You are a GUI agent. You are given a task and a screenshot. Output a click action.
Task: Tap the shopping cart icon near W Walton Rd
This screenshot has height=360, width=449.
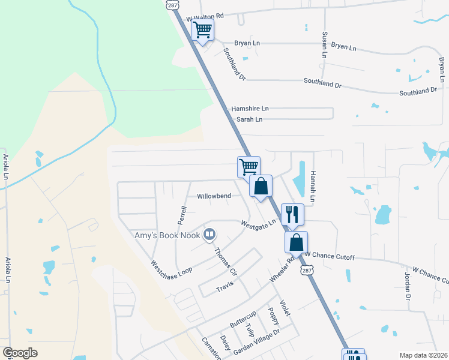[203, 29]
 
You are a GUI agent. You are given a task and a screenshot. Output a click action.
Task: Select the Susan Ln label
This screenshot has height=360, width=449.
[325, 46]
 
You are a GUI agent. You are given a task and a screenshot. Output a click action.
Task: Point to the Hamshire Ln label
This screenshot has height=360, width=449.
[250, 109]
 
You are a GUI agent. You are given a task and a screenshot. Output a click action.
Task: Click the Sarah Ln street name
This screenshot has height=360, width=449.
[249, 119]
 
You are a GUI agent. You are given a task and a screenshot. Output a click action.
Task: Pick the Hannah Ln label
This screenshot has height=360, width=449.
[312, 185]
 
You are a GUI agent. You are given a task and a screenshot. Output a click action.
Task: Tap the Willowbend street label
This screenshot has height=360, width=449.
[214, 196]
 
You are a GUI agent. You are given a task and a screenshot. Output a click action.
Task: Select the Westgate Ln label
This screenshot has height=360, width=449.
[258, 224]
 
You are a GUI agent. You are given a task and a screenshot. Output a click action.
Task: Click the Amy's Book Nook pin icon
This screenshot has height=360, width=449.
[209, 234]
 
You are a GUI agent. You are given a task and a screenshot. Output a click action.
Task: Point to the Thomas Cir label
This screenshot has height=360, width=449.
[226, 262]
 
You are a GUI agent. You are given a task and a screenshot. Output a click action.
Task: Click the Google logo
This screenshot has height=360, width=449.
[20, 353]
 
